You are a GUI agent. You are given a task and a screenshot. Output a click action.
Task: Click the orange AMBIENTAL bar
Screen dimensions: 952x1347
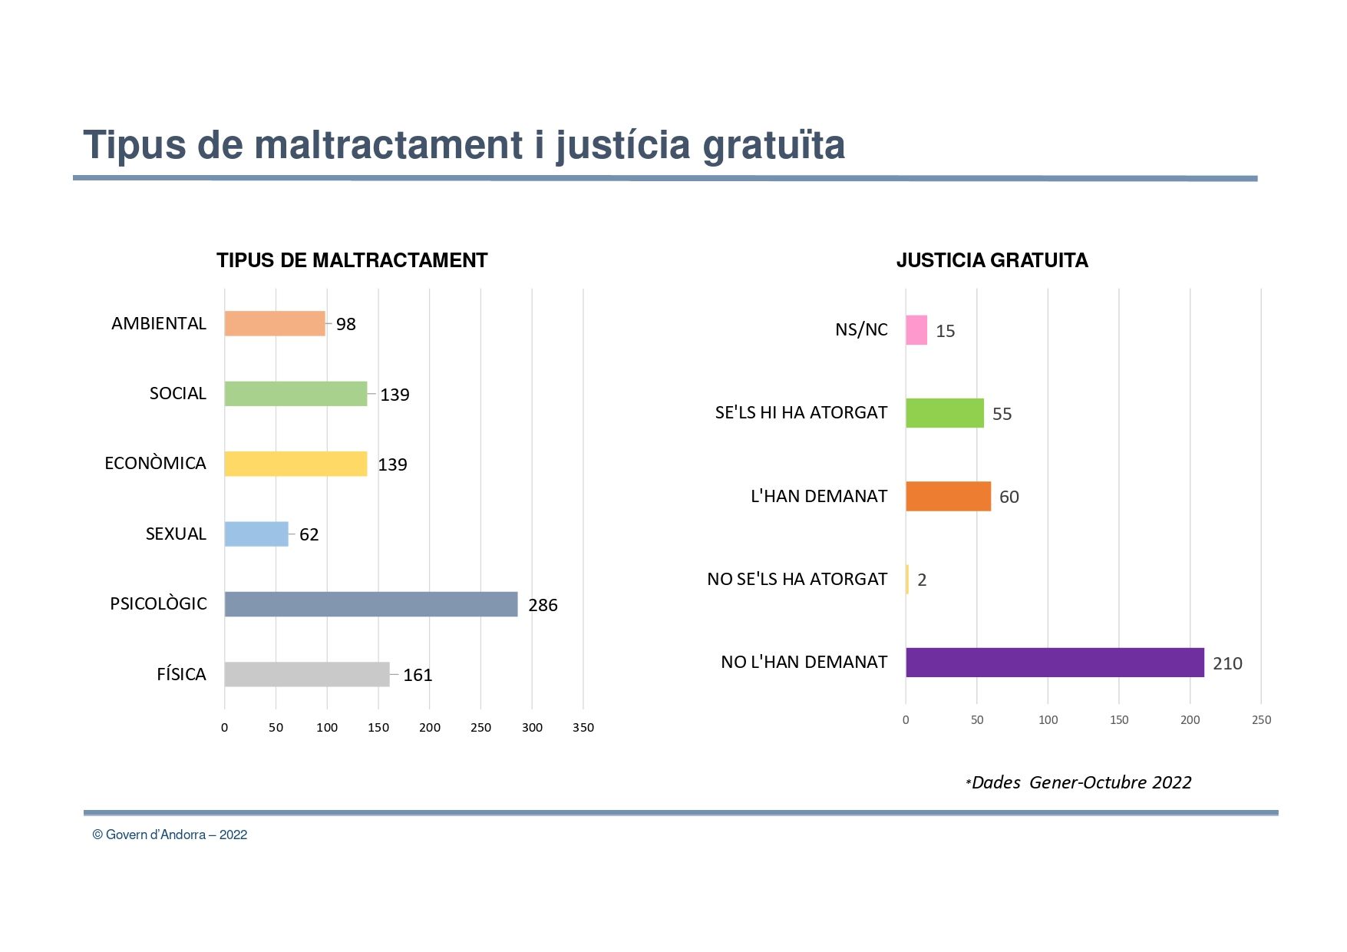click(275, 323)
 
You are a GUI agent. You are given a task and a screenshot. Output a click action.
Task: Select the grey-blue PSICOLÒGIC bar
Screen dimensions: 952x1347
click(371, 604)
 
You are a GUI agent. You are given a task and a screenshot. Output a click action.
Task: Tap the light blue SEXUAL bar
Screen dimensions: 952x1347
click(256, 534)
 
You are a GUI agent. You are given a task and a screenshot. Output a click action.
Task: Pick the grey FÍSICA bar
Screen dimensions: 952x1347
click(307, 674)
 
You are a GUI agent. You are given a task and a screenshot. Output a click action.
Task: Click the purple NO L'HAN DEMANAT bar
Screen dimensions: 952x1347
click(1055, 662)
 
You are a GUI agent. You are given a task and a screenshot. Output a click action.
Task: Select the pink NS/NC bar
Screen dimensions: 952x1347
click(916, 330)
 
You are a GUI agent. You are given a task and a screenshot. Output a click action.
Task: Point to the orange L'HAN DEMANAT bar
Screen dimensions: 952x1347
click(948, 496)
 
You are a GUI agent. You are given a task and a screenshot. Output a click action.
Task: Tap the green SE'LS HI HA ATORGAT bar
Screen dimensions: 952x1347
click(944, 413)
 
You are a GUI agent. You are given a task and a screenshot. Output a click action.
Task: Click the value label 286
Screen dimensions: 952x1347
click(543, 605)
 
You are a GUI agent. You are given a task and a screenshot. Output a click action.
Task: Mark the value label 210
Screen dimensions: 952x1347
click(1227, 663)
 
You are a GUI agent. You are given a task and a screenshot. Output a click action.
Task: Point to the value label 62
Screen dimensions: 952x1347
click(309, 534)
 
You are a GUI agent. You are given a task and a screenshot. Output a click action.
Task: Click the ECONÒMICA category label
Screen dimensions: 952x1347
click(155, 463)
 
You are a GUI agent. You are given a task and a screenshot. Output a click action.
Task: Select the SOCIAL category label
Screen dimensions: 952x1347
click(177, 393)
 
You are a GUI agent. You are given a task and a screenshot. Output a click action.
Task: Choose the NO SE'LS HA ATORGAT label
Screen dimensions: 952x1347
click(797, 579)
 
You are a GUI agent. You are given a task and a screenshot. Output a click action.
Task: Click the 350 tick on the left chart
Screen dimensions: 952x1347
click(583, 727)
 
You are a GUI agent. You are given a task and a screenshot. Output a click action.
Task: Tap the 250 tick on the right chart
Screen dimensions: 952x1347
click(1261, 719)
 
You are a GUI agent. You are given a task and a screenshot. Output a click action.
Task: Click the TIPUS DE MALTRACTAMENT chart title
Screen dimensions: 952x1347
click(352, 260)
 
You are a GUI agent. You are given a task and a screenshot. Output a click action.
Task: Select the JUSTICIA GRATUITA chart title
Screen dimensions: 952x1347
click(992, 260)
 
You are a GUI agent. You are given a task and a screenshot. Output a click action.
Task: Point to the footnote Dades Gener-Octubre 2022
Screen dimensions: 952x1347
click(1081, 782)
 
